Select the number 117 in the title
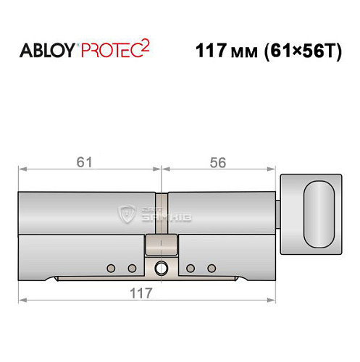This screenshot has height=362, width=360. pyautogui.click(x=211, y=52)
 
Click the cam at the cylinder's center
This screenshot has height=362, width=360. pyautogui.click(x=161, y=246)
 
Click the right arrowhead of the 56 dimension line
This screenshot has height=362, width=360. pyautogui.click(x=274, y=171)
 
